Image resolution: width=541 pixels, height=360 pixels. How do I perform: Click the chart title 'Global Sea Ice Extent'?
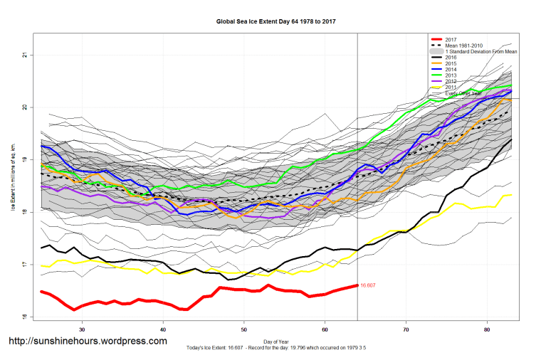275,21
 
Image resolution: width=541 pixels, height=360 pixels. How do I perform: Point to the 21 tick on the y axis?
24,55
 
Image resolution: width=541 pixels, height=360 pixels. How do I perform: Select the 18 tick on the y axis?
24,212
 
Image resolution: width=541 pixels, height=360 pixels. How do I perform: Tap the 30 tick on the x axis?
83,330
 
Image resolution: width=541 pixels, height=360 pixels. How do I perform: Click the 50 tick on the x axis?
244,330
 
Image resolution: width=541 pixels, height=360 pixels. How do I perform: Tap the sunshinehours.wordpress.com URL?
88,342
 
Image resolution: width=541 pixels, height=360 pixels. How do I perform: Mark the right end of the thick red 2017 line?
357,285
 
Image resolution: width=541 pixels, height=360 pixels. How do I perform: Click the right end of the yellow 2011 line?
512,195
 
